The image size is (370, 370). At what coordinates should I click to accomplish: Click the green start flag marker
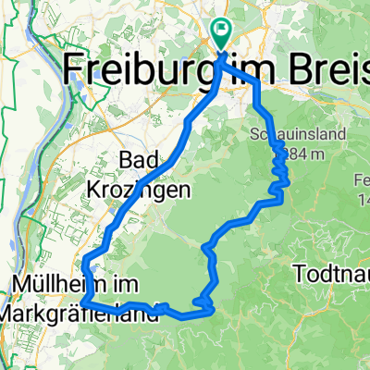point(222,33)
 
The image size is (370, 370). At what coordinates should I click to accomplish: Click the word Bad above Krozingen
point(139,161)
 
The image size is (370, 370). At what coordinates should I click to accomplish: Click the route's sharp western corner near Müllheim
point(83,302)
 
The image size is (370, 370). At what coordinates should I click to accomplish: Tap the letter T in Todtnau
point(297,274)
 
